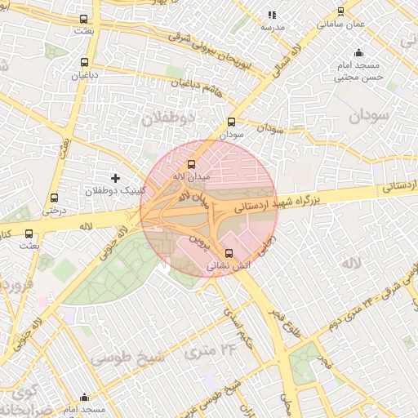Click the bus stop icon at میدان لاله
(191, 163)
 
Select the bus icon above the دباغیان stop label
(84, 62)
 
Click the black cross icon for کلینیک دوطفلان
(115, 177)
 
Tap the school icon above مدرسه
(272, 15)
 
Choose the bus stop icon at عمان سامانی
(340, 11)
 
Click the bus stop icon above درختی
(54, 198)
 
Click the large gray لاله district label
(351, 264)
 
